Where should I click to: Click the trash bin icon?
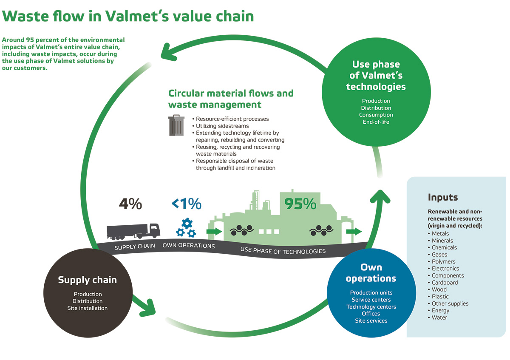click(x=176, y=125)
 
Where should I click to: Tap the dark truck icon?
click(x=133, y=231)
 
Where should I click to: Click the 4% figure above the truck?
click(x=130, y=204)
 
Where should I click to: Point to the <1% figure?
click(x=187, y=204)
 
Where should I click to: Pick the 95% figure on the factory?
click(x=300, y=204)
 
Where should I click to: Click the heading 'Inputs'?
click(x=443, y=198)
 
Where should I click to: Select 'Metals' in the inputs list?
click(x=440, y=233)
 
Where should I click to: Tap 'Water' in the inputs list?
click(x=439, y=317)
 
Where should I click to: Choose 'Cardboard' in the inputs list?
click(x=445, y=283)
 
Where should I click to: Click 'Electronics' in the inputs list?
click(x=445, y=269)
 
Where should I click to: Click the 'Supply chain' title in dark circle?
click(x=87, y=280)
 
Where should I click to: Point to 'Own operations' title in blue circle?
click(x=371, y=273)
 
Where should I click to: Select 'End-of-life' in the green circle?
click(x=376, y=122)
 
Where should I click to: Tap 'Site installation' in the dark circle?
click(x=88, y=308)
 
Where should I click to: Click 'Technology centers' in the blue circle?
click(x=371, y=307)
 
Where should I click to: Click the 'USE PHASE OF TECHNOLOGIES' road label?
click(x=283, y=251)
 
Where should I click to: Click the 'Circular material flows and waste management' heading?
click(x=231, y=99)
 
